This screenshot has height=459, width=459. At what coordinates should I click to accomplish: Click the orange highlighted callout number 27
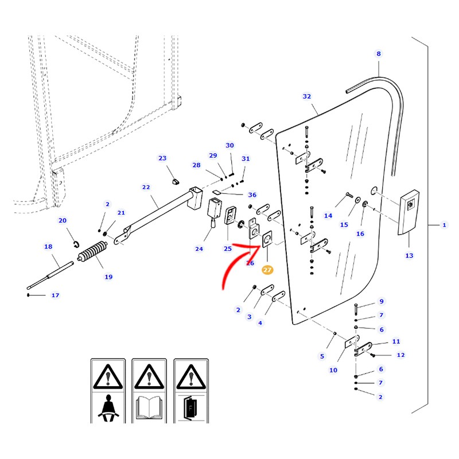point(267,270)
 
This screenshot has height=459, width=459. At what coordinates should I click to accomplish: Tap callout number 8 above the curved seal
point(379,53)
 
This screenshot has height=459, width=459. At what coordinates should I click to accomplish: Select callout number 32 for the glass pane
point(307,96)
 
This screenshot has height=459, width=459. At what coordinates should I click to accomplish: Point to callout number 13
point(409,255)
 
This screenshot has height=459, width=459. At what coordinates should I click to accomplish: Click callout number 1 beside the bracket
point(444,225)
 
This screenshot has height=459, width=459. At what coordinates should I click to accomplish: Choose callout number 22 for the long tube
point(146,187)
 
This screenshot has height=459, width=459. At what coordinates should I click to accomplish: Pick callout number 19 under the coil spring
point(108,277)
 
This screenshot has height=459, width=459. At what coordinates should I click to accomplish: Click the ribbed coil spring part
point(92,251)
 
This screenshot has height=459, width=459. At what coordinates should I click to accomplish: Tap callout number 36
point(252,195)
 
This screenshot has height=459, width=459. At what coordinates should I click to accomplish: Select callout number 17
point(55,295)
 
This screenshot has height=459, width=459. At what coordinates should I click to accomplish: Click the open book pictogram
point(149,407)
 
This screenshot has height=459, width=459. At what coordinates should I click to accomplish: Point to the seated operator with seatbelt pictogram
point(108,408)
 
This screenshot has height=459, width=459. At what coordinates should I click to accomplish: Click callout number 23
point(162,158)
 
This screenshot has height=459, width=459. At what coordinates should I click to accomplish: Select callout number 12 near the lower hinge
point(400,355)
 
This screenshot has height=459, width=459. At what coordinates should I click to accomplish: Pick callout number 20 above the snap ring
point(63,220)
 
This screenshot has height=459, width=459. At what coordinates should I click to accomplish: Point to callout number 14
point(328,216)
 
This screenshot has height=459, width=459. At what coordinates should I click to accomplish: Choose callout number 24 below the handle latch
point(199,249)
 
